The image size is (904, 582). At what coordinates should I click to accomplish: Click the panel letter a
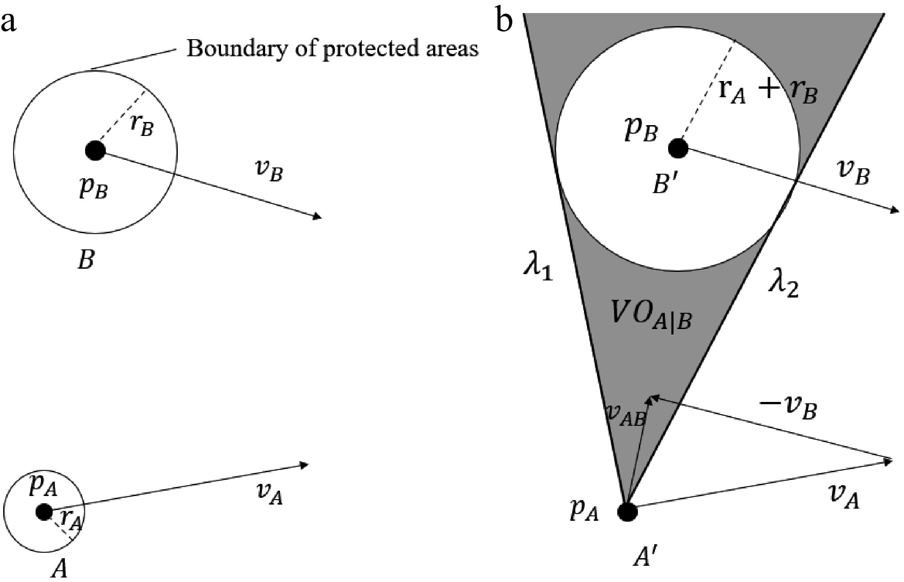[x=9, y=22]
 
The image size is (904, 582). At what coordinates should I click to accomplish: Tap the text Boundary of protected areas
[x=332, y=48]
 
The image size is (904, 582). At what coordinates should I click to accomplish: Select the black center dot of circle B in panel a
[x=95, y=150]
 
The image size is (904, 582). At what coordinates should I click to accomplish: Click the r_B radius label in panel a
[x=142, y=126]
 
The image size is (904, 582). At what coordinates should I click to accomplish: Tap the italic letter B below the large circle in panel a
[x=86, y=260]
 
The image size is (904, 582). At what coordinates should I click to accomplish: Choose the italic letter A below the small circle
[x=59, y=569]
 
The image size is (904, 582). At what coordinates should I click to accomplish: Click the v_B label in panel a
[x=269, y=172]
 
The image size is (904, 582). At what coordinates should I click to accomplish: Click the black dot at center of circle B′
[x=678, y=148]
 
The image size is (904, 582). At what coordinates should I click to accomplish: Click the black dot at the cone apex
[x=628, y=511]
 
